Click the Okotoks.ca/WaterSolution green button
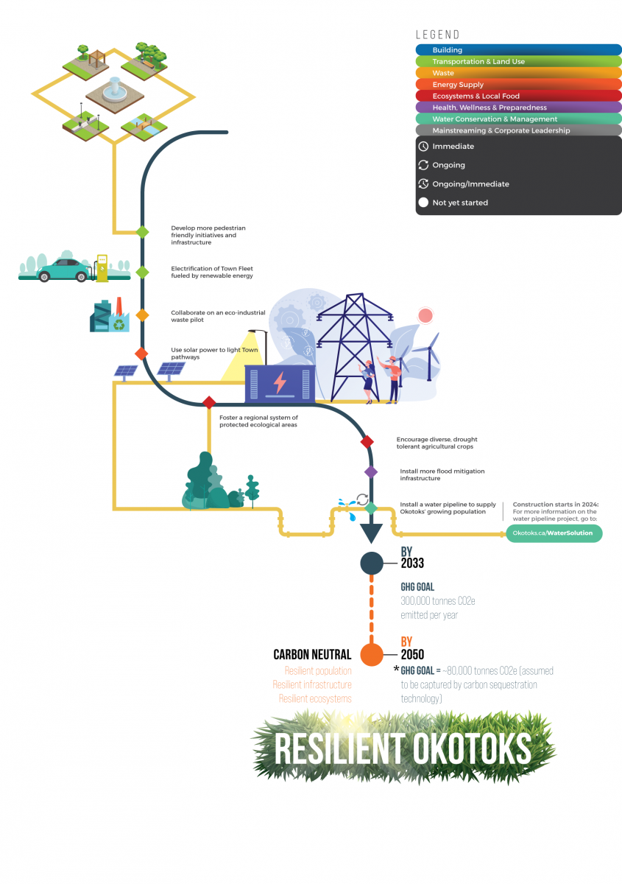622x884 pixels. click(554, 533)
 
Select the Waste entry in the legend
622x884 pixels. click(518, 73)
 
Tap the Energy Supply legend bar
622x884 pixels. click(518, 85)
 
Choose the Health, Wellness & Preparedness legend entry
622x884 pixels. click(518, 108)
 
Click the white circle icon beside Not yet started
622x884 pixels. click(423, 203)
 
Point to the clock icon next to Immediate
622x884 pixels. click(423, 147)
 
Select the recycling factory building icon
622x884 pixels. click(109, 316)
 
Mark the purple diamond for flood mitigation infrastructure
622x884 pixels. click(371, 471)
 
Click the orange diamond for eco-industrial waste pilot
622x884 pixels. click(142, 315)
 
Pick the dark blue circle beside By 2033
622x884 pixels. click(371, 564)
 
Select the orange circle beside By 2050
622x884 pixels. click(372, 654)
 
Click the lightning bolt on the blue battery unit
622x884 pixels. click(280, 384)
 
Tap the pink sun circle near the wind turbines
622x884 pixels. click(425, 316)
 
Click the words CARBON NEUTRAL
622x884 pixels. click(312, 654)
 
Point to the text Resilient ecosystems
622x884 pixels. click(315, 698)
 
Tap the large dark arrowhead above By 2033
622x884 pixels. click(371, 532)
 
